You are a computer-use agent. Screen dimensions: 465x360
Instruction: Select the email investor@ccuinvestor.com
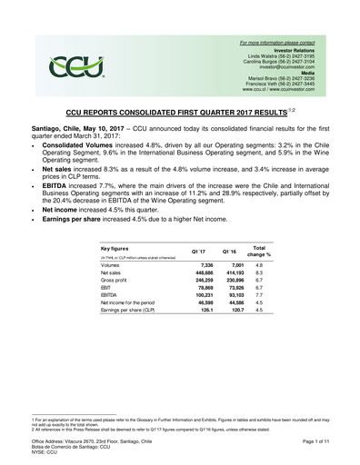tap(285, 66)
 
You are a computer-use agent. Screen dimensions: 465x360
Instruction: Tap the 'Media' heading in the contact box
tap(305, 73)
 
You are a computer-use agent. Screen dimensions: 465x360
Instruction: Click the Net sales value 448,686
tap(187, 272)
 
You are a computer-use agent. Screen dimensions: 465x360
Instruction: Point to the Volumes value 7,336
tap(190, 264)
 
